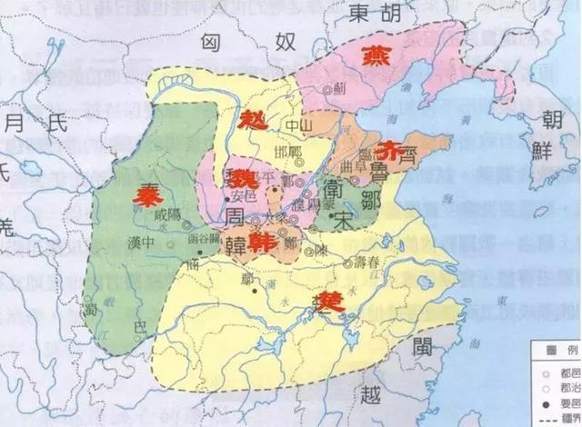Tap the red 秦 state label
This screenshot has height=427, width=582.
[146, 194]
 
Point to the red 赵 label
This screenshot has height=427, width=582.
[252, 119]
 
